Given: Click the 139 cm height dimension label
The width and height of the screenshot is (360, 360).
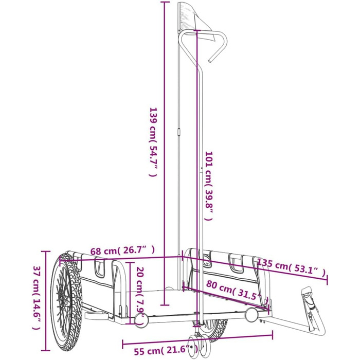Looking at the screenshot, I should pyautogui.click(x=152, y=141).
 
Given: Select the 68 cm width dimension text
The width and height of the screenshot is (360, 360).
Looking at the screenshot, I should pyautogui.click(x=122, y=250).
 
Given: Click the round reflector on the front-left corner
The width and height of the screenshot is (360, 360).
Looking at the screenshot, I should pyautogui.click(x=140, y=320).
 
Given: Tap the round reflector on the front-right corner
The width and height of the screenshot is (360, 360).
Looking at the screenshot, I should pyautogui.click(x=252, y=313).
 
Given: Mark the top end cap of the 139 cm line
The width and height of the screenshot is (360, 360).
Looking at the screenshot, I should pyautogui.click(x=165, y=3).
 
